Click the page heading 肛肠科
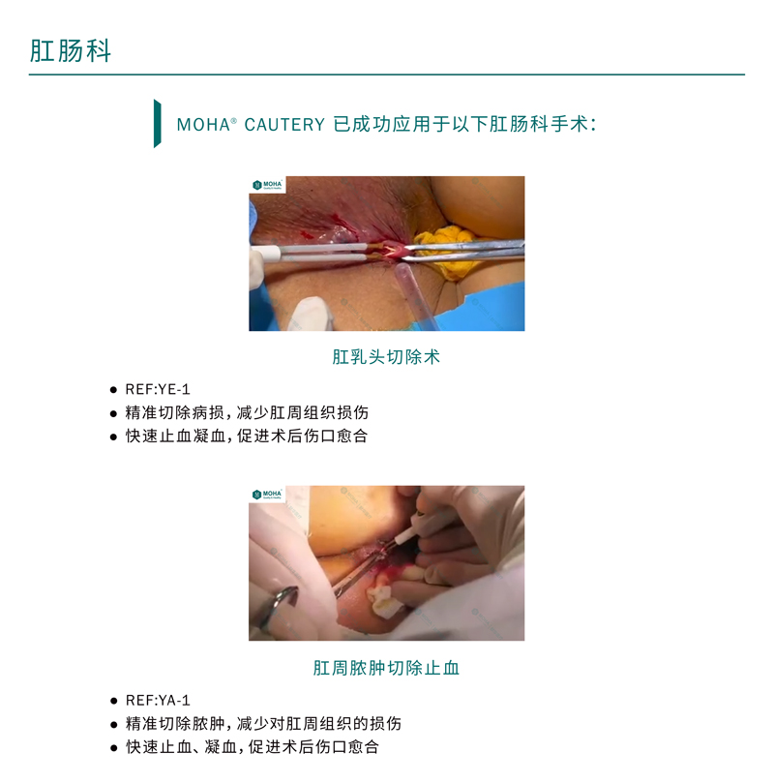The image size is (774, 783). pos(71,51)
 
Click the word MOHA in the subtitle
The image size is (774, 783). pos(203,125)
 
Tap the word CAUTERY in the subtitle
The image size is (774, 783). pos(284,125)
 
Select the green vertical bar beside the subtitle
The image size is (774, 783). pos(157,123)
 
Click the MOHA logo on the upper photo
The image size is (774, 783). pos(267,185)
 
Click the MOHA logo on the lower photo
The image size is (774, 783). pos(267,495)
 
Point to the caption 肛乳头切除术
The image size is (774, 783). pos(386,357)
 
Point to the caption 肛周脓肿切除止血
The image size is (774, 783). pos(386,668)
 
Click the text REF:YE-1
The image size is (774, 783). pos(158,389)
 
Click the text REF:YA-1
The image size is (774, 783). pos(158,701)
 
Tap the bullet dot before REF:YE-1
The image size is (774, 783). pos(113,390)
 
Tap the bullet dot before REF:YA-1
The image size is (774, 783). pos(113,701)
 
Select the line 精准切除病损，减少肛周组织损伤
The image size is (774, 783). pos(247,413)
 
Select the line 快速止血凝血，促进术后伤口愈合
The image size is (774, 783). pos(247,436)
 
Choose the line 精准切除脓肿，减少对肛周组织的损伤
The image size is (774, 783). pos(263,724)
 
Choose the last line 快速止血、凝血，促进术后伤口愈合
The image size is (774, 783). pos(253,747)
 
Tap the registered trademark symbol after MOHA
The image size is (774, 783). pos(233,120)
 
